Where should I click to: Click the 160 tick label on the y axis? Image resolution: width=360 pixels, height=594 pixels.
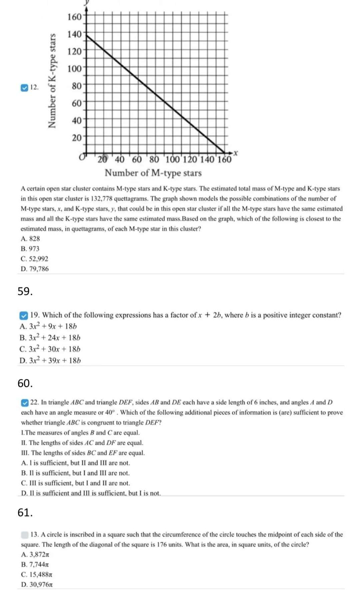(x=74, y=17)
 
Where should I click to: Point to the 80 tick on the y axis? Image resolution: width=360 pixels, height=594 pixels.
(x=77, y=86)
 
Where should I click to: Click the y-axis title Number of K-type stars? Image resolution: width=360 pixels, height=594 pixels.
(x=52, y=81)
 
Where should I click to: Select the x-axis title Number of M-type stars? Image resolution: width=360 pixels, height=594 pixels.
(x=153, y=173)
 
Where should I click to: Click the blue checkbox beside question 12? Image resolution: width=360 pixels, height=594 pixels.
(x=24, y=88)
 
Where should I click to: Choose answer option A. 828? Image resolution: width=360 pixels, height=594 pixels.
(x=30, y=239)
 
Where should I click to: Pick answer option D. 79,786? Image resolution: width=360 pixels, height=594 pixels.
(x=35, y=269)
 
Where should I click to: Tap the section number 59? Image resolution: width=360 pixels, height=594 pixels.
(x=25, y=291)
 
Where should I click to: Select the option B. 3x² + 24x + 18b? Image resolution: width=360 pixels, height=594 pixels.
(x=50, y=338)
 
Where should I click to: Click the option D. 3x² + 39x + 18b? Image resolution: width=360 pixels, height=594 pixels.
(x=50, y=361)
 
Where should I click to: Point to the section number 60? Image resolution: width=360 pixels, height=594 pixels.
(x=25, y=384)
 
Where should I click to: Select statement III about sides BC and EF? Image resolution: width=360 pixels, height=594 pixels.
(x=83, y=453)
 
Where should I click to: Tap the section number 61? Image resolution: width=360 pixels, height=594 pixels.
(x=25, y=513)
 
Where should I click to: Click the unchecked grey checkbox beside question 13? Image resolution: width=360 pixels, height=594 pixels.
(x=24, y=535)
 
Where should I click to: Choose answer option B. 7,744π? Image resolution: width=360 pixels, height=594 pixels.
(x=35, y=564)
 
